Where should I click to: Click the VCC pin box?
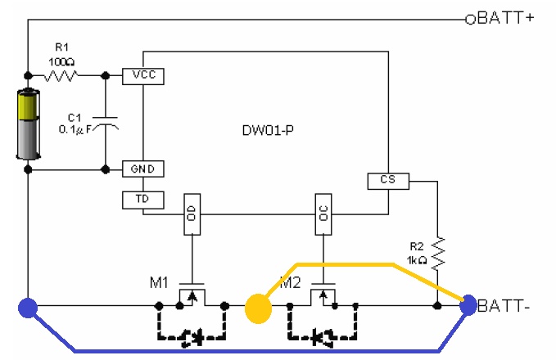click(144, 76)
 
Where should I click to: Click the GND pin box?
click(144, 169)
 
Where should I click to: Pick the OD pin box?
click(191, 214)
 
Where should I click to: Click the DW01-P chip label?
click(264, 130)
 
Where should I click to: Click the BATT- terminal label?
click(505, 307)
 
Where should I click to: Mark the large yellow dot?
click(258, 308)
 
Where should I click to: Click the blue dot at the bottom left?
click(28, 308)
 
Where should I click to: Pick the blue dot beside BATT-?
click(468, 306)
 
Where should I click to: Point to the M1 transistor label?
click(160, 282)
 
